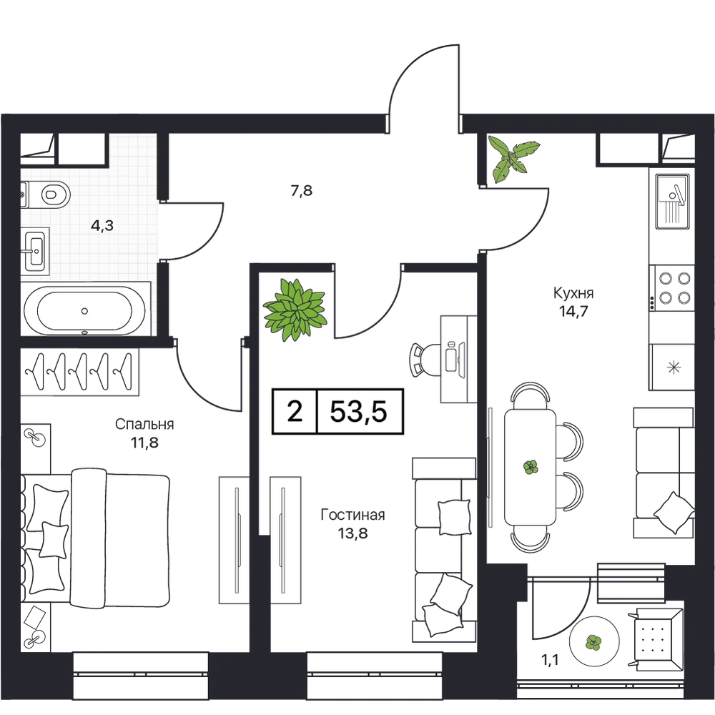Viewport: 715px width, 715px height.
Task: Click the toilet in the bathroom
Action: pos(56,195)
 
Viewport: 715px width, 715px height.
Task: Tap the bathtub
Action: pos(85,310)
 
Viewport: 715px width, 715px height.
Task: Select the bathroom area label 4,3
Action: pos(102,225)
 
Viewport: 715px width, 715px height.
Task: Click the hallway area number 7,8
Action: pos(302,190)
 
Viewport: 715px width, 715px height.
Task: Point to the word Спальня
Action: pos(144,424)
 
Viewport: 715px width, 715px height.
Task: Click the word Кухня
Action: pos(573,292)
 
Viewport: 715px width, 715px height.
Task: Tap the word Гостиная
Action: pos(353,515)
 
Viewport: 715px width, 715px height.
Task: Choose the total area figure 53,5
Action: pos(358,411)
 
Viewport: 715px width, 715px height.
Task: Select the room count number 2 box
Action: pos(295,411)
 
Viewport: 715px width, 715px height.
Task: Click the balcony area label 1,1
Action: pos(551,660)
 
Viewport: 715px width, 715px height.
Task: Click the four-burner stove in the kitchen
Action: pos(671,288)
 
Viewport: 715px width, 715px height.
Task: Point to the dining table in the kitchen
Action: pos(531,466)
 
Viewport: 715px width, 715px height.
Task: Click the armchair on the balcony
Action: pos(656,638)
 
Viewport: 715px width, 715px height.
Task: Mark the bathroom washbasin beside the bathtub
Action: pos(34,250)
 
